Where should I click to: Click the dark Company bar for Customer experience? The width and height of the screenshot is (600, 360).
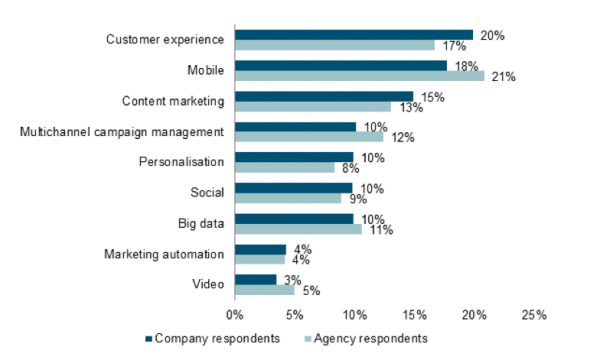coord(353,35)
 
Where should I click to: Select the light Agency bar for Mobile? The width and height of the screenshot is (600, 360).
coord(359,76)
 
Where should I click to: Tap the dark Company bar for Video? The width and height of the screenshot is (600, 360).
coord(255,280)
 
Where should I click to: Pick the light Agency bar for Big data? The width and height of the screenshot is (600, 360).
coord(297,229)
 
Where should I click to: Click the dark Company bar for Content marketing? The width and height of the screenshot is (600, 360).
coord(323,96)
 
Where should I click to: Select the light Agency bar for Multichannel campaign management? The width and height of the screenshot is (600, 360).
coord(308,137)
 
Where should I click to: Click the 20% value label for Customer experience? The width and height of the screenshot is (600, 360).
coord(491,35)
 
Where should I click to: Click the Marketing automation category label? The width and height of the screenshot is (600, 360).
coord(165,254)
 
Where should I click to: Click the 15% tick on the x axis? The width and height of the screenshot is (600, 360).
coord(413,316)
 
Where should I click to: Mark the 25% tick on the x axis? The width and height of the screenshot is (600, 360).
coord(533,316)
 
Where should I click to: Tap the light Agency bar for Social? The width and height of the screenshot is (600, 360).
coord(288,198)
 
